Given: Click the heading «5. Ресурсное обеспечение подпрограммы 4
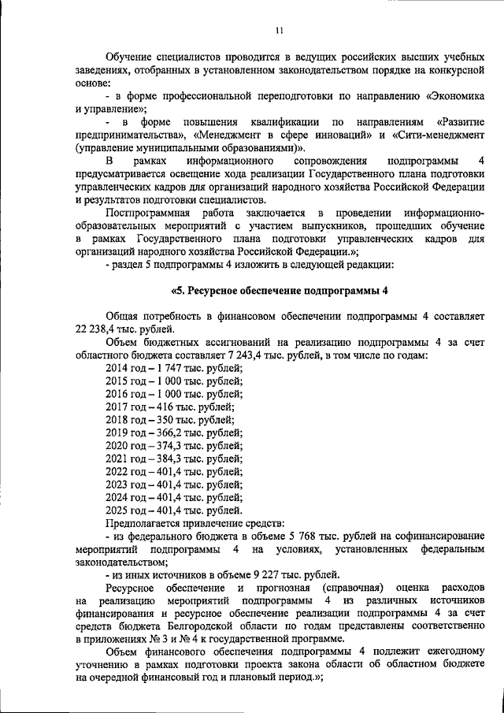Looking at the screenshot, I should pyautogui.click(x=280, y=288).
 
